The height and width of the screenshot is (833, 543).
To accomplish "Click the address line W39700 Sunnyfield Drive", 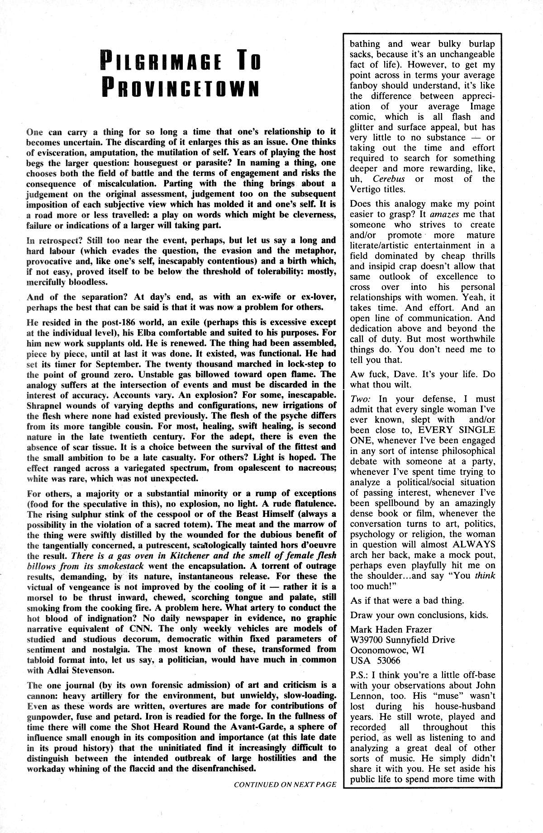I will coord(403,639).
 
